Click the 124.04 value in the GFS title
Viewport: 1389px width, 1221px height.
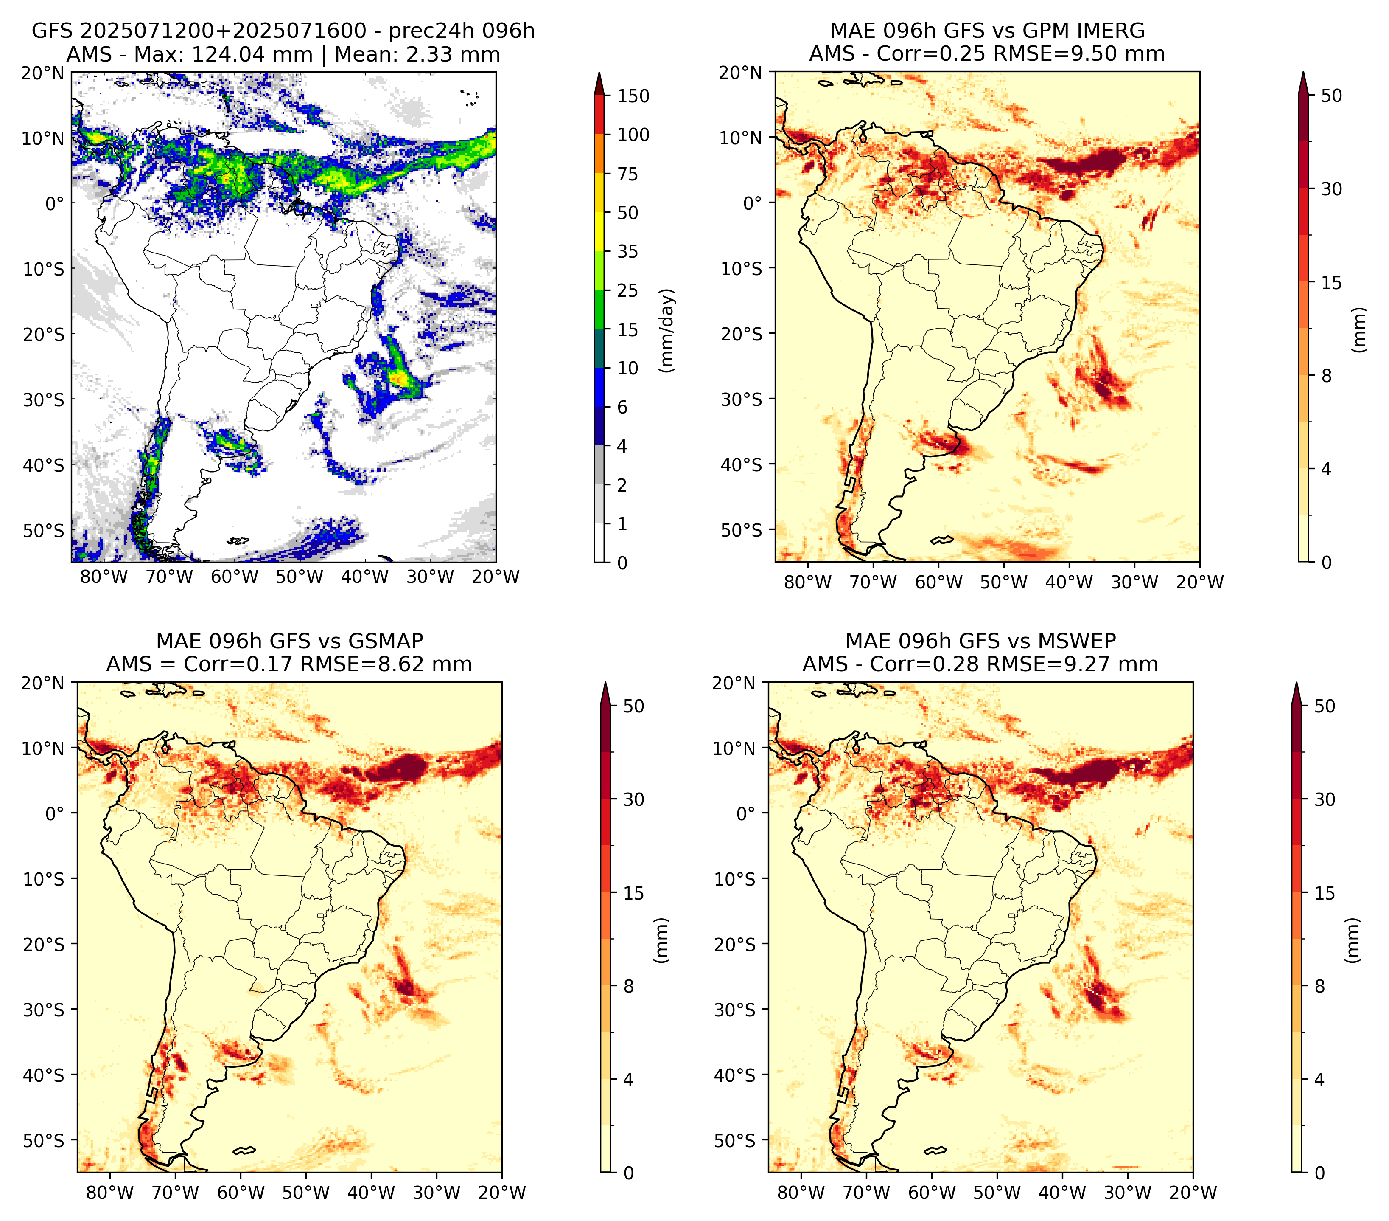tap(228, 54)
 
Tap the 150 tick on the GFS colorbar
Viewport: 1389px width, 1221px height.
tap(633, 96)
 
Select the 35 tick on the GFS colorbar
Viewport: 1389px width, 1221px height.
tap(628, 251)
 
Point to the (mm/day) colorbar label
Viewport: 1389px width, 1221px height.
tap(668, 330)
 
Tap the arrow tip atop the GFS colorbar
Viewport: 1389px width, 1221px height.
tap(599, 72)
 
